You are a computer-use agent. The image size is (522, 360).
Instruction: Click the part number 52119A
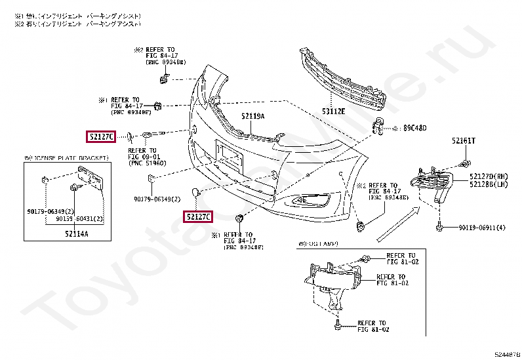coord(252,116)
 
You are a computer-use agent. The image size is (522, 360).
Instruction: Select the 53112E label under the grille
coord(333,111)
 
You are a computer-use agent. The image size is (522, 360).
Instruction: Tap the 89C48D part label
coord(414,128)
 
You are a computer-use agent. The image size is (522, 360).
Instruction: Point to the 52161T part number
coord(464,141)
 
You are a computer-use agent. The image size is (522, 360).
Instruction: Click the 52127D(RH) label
coord(489,176)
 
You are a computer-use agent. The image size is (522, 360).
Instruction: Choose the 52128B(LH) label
coord(489,185)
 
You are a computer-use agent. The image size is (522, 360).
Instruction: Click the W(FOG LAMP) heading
coord(317,244)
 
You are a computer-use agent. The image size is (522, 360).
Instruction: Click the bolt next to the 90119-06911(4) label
coord(437,227)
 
